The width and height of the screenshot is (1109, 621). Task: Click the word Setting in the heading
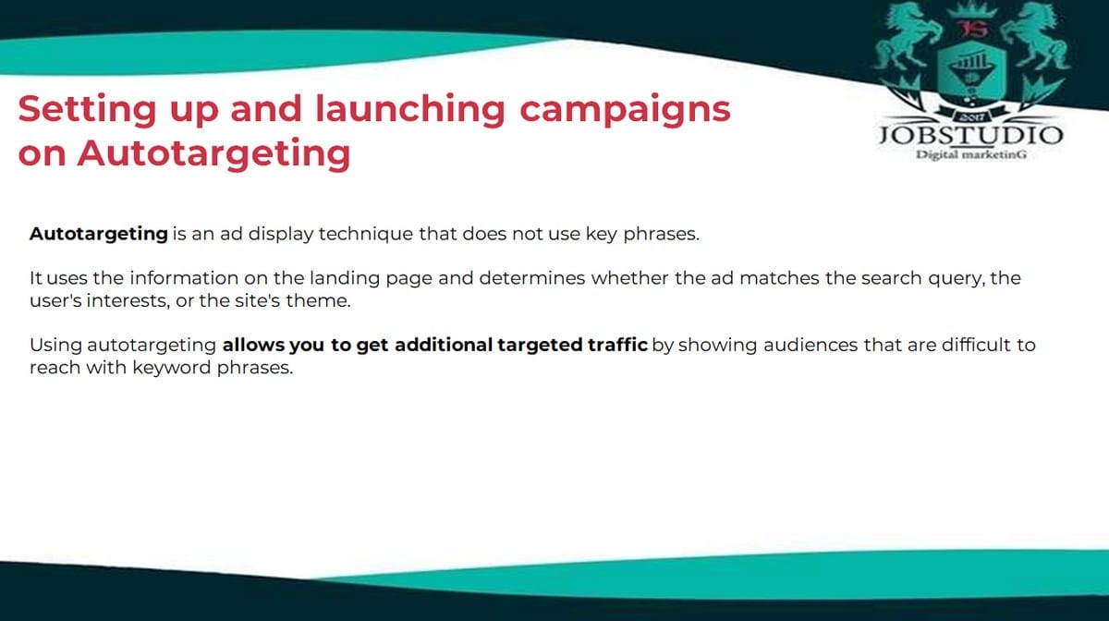87,110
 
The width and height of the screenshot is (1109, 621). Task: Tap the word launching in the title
410,110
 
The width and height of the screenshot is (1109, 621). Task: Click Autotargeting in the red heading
213,154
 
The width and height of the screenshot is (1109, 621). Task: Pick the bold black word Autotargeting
99,235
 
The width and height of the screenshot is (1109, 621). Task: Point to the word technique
366,234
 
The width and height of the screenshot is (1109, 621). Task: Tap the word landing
345,279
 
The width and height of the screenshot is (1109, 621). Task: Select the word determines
532,278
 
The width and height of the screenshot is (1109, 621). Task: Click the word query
957,279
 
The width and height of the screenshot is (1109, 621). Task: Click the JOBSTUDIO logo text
971,135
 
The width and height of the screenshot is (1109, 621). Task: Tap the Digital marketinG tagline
971,155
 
